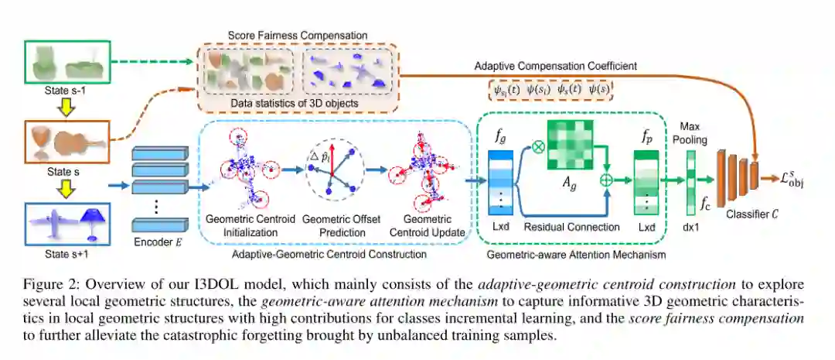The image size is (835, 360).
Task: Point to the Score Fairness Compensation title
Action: (x=298, y=36)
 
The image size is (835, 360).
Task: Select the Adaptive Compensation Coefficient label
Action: (x=556, y=67)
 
